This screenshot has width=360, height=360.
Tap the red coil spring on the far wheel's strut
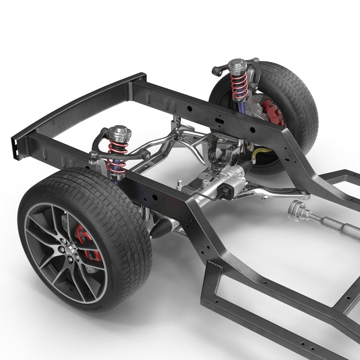click(x=238, y=85)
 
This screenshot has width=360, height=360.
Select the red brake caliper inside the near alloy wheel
click(x=88, y=243)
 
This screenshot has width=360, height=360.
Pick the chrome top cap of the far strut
click(x=237, y=65)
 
